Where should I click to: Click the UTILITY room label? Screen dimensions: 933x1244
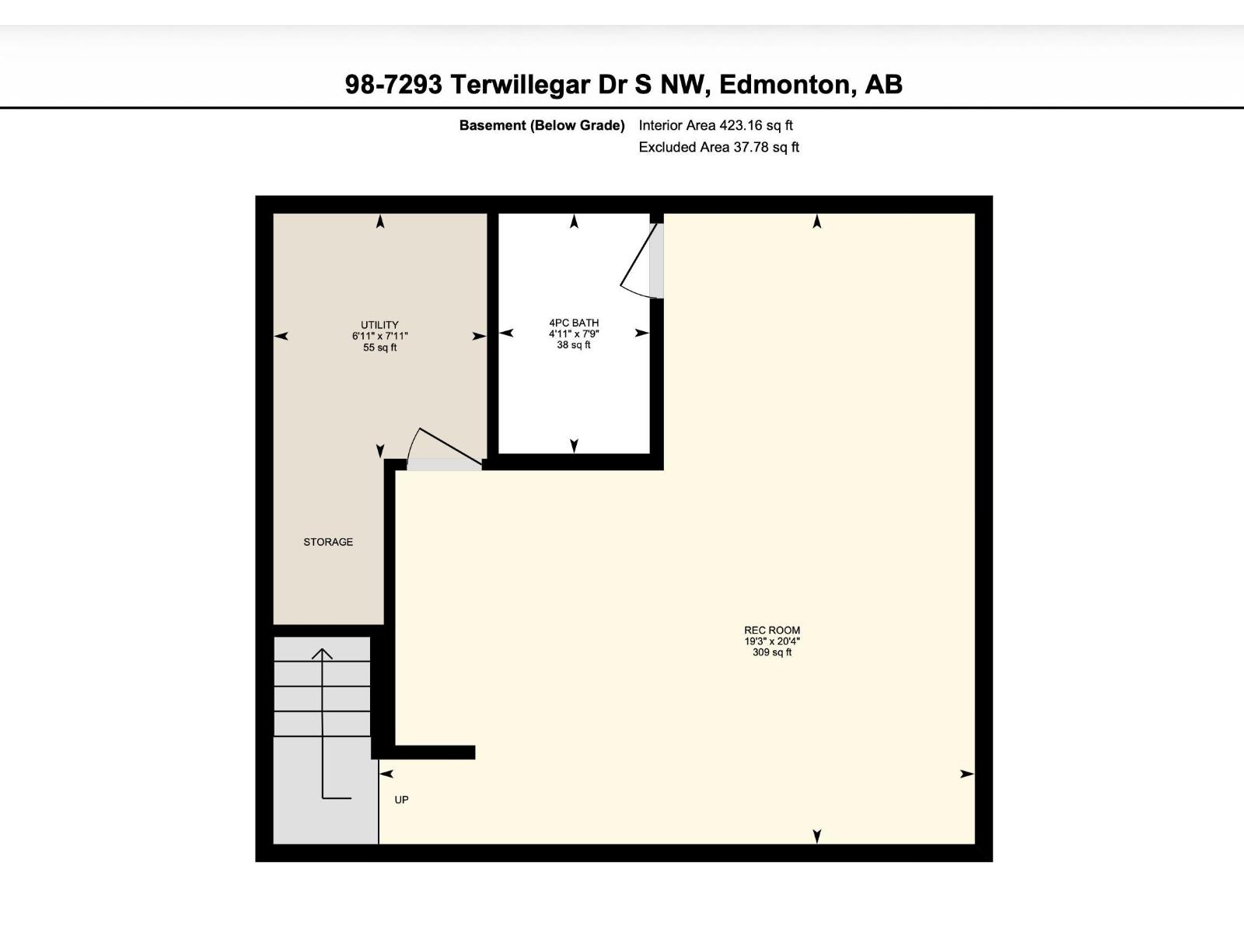point(379,325)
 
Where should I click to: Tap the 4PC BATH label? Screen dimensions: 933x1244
point(574,323)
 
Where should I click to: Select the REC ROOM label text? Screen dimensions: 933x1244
point(771,631)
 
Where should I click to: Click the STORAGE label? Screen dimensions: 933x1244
point(328,542)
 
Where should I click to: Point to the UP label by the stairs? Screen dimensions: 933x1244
point(401,800)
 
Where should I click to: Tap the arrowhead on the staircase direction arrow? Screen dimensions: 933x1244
point(323,654)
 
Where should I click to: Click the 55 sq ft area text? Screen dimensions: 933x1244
point(379,348)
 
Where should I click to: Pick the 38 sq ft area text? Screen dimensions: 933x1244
point(574,345)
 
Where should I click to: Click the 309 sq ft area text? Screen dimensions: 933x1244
point(771,653)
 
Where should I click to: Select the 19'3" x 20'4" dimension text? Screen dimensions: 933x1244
point(771,641)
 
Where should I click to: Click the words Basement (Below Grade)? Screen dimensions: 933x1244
point(542,125)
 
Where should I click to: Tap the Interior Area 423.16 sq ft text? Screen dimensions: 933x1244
point(715,125)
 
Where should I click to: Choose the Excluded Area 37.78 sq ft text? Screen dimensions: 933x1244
point(718,147)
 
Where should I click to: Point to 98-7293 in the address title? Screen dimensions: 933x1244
point(393,84)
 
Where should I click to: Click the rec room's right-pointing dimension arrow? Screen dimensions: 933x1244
point(966,774)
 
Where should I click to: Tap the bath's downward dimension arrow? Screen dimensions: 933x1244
point(574,446)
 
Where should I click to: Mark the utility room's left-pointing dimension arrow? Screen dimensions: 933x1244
point(281,336)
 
